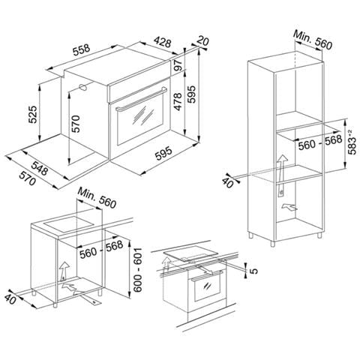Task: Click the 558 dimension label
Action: (x=81, y=50)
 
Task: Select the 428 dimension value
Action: (x=163, y=42)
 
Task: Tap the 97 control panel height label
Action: (x=178, y=65)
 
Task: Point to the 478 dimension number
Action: (x=178, y=101)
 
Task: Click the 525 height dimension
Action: (x=33, y=115)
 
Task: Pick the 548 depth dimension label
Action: (x=40, y=168)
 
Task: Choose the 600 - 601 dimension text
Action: (x=137, y=270)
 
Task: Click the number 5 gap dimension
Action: (x=253, y=271)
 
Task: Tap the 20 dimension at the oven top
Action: (x=202, y=40)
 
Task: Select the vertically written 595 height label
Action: (x=192, y=94)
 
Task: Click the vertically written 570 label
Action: (x=75, y=124)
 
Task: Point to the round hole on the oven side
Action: (x=82, y=87)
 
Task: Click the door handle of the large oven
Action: (x=141, y=99)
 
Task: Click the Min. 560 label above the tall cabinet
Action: (x=313, y=40)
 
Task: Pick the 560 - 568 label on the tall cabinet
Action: (x=320, y=142)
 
